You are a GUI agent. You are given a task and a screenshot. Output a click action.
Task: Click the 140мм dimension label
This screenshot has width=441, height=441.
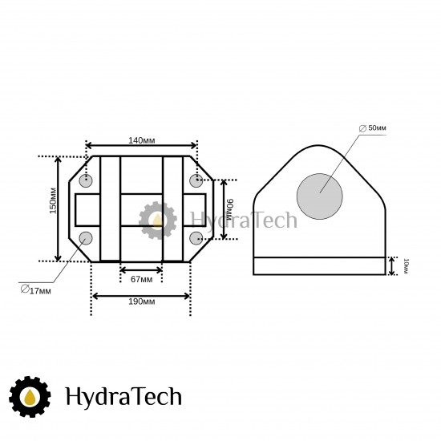click(x=141, y=140)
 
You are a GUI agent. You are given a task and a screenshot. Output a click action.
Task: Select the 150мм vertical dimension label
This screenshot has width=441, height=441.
click(x=53, y=200)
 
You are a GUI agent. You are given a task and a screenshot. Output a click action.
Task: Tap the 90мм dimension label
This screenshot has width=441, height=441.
click(x=230, y=209)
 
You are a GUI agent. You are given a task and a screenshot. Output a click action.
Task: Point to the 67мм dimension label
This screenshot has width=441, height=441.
click(x=141, y=279)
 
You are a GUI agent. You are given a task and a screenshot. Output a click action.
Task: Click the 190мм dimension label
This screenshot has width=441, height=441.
click(x=141, y=301)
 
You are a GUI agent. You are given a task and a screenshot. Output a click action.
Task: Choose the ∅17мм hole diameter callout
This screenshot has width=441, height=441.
click(x=36, y=289)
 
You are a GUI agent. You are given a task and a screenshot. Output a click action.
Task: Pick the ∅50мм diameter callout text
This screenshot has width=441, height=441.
click(x=373, y=128)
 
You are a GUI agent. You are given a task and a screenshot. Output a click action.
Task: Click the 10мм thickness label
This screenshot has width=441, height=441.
click(x=406, y=266)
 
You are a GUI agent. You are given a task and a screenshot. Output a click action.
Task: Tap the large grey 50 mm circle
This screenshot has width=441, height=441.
click(x=319, y=196)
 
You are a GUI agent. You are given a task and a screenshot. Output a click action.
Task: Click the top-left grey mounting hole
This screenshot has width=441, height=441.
click(x=86, y=181)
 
